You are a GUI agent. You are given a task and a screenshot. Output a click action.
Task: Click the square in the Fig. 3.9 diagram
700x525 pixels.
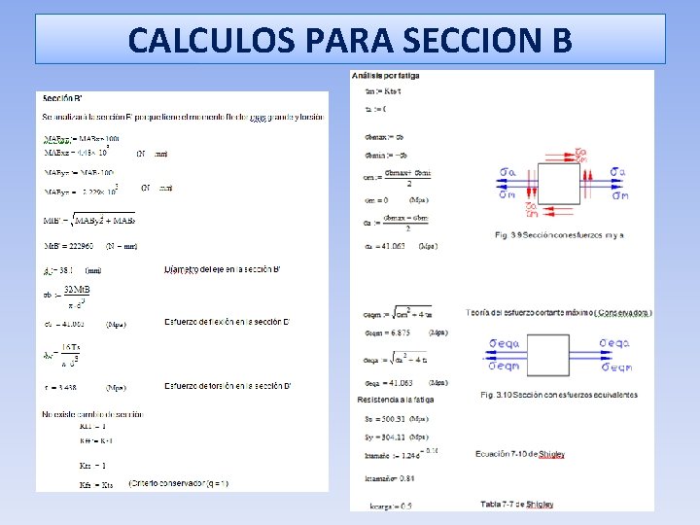565,181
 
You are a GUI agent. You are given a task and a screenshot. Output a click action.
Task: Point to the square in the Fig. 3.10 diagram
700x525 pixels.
546,355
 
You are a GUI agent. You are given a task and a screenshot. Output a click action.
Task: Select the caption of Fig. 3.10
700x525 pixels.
559,395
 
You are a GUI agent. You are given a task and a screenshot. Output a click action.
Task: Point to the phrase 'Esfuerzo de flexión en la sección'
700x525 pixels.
223,322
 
